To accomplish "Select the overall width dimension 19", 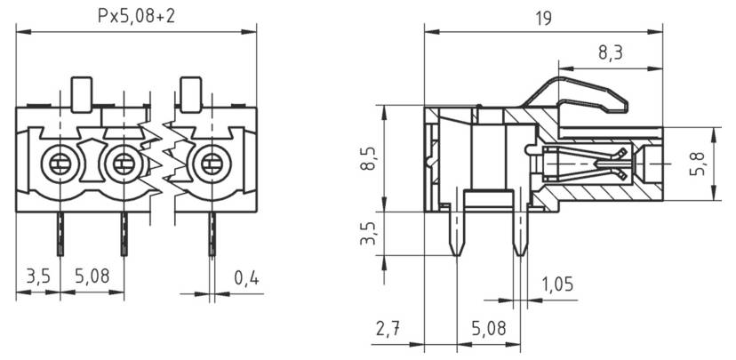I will coord(544,17).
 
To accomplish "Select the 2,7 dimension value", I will coord(388,330).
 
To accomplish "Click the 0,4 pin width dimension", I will coord(246,278).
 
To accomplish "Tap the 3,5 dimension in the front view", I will coord(37,277).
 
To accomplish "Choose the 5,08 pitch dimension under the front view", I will coord(92,277).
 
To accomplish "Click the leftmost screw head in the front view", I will coord(60,164).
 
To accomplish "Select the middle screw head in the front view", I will coord(123,164).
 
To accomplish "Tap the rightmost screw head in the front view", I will coord(211,164).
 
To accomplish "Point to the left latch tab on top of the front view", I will coord(82,93).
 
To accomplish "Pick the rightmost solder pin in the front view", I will coord(212,234).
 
